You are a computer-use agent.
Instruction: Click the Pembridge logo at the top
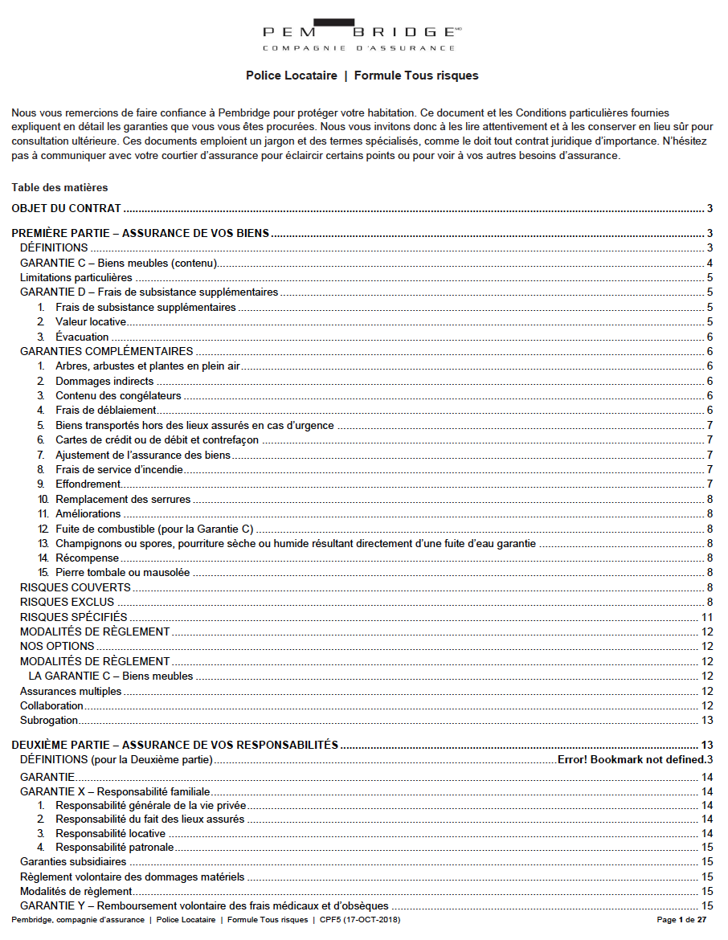[x=362, y=35]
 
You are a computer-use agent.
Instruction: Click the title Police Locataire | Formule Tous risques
[x=362, y=76]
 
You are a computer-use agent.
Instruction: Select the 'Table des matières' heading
[x=59, y=187]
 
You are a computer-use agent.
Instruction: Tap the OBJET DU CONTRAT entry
[x=66, y=209]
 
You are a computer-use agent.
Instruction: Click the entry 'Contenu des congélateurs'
[x=118, y=395]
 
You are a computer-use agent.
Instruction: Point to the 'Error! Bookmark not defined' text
[x=631, y=759]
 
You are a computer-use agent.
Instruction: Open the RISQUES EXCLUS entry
[x=67, y=602]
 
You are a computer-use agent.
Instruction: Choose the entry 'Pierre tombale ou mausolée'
[x=122, y=573]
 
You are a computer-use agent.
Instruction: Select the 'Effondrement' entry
[x=88, y=484]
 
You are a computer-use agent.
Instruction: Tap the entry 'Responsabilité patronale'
[x=115, y=847]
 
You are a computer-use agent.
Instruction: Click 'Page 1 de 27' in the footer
[x=681, y=919]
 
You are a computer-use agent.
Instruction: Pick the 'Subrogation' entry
[x=49, y=721]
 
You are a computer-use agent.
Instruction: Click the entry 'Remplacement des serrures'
[x=123, y=499]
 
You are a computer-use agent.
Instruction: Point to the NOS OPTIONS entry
[x=57, y=646]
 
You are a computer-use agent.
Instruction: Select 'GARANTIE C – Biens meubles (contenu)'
[x=119, y=263]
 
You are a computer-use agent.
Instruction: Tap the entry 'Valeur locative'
[x=91, y=321]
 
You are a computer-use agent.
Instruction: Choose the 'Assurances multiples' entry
[x=71, y=691]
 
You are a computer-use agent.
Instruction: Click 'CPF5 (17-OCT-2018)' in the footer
[x=359, y=919]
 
